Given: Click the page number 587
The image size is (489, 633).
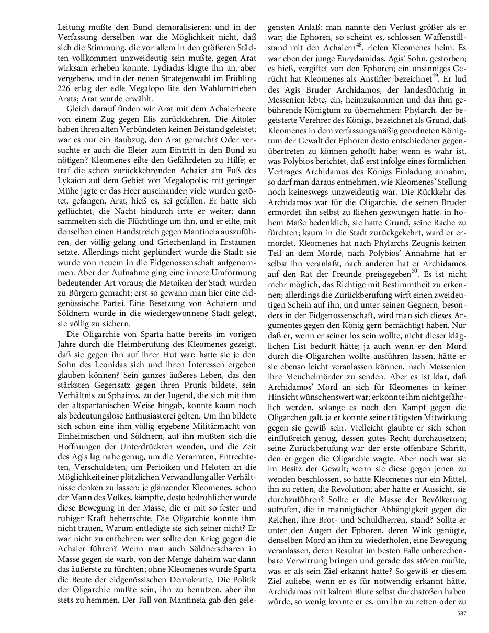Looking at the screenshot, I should coord(461,613).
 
